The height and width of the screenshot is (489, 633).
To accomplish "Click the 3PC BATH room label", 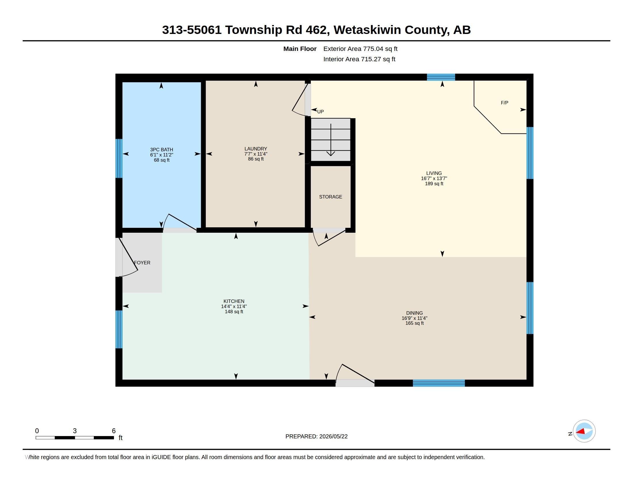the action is pyautogui.click(x=161, y=150).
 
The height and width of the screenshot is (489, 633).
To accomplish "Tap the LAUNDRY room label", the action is pyautogui.click(x=256, y=149).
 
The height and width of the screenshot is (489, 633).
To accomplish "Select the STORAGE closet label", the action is pyautogui.click(x=330, y=197).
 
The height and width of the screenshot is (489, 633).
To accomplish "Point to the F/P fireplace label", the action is pyautogui.click(x=504, y=103).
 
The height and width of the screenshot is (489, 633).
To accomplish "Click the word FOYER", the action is pyautogui.click(x=142, y=263).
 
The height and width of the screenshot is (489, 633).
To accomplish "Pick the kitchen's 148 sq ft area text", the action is pyautogui.click(x=234, y=312).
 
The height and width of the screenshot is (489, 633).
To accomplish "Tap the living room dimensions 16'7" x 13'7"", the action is pyautogui.click(x=434, y=178).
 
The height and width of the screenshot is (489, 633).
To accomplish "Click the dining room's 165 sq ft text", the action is pyautogui.click(x=414, y=323).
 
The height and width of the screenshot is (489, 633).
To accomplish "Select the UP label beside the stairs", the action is pyautogui.click(x=320, y=112).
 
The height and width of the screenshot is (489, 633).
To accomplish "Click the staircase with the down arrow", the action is pyautogui.click(x=331, y=140).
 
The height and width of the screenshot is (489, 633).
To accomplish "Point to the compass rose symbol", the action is pyautogui.click(x=584, y=431).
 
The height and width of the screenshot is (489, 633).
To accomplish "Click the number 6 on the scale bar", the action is pyautogui.click(x=114, y=431).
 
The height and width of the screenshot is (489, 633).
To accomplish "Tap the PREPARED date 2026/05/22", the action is pyautogui.click(x=333, y=437).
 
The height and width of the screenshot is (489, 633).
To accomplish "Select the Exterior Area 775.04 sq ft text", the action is pyautogui.click(x=360, y=49).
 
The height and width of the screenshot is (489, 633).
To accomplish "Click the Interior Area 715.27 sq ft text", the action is pyautogui.click(x=359, y=59).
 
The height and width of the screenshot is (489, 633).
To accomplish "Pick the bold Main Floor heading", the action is pyautogui.click(x=300, y=49).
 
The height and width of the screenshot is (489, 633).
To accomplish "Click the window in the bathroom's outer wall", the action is pyautogui.click(x=119, y=158).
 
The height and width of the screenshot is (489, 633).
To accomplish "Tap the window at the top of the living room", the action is pyautogui.click(x=441, y=77).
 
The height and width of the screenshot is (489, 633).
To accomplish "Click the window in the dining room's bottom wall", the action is pyautogui.click(x=439, y=383).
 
